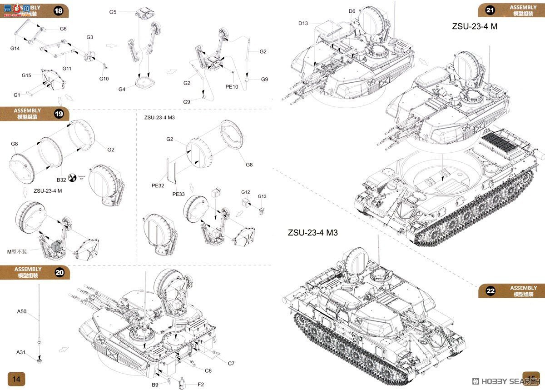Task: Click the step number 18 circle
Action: [58, 11]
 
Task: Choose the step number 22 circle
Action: [490, 291]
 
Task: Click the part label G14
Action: [15, 48]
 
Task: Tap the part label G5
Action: [113, 12]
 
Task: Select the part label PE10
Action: [232, 87]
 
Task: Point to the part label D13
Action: [303, 23]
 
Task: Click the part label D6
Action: [352, 11]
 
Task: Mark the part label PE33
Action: [178, 194]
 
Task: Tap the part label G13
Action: [262, 196]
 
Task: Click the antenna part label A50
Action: [22, 312]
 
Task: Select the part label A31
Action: [22, 352]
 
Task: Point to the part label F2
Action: [201, 385]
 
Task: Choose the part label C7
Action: [231, 363]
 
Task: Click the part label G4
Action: [122, 89]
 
